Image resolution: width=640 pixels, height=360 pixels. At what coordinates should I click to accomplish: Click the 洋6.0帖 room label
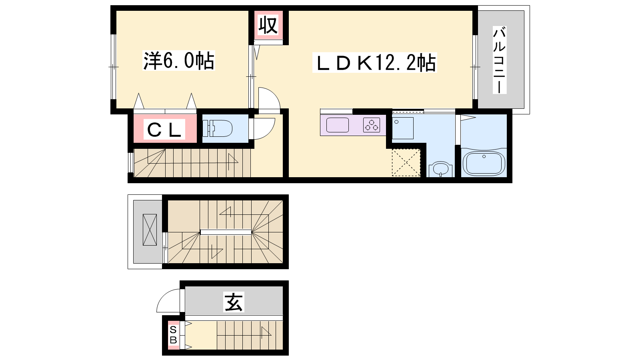tap(178, 60)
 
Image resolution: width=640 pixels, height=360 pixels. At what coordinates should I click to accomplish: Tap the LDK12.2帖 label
tap(374, 62)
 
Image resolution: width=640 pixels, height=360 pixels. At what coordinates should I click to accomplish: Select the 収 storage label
tap(268, 25)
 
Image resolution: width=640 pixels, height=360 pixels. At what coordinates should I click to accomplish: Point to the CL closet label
tap(164, 130)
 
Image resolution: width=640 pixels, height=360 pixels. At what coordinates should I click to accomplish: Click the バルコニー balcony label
tap(500, 60)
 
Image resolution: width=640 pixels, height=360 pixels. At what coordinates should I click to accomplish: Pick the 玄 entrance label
tap(234, 302)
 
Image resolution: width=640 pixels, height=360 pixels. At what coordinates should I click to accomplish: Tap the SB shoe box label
tap(173, 335)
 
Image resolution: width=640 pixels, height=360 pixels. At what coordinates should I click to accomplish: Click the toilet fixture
tap(218, 128)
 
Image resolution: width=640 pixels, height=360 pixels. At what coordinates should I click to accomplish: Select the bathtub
tap(484, 163)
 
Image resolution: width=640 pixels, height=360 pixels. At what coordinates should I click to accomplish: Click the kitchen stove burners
tap(372, 125)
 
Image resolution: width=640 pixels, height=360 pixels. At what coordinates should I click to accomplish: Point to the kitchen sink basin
tap(338, 125)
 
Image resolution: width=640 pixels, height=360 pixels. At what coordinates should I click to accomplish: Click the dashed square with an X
tap(406, 162)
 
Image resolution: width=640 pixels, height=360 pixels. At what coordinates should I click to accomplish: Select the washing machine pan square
tap(403, 128)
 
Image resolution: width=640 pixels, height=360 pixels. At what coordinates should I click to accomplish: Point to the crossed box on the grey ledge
tap(150, 230)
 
